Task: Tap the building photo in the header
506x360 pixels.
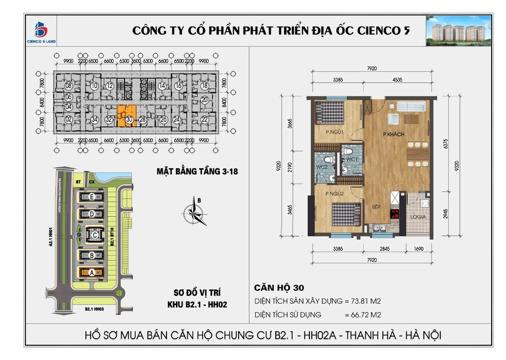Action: pyautogui.click(x=459, y=31)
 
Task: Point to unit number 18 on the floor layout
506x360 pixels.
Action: pyautogui.click(x=204, y=86)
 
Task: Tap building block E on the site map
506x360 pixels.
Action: pyautogui.click(x=92, y=197)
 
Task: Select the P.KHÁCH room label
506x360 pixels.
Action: pyautogui.click(x=394, y=134)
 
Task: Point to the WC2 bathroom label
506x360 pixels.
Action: pyautogui.click(x=322, y=167)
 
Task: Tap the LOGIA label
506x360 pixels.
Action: pyautogui.click(x=418, y=217)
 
